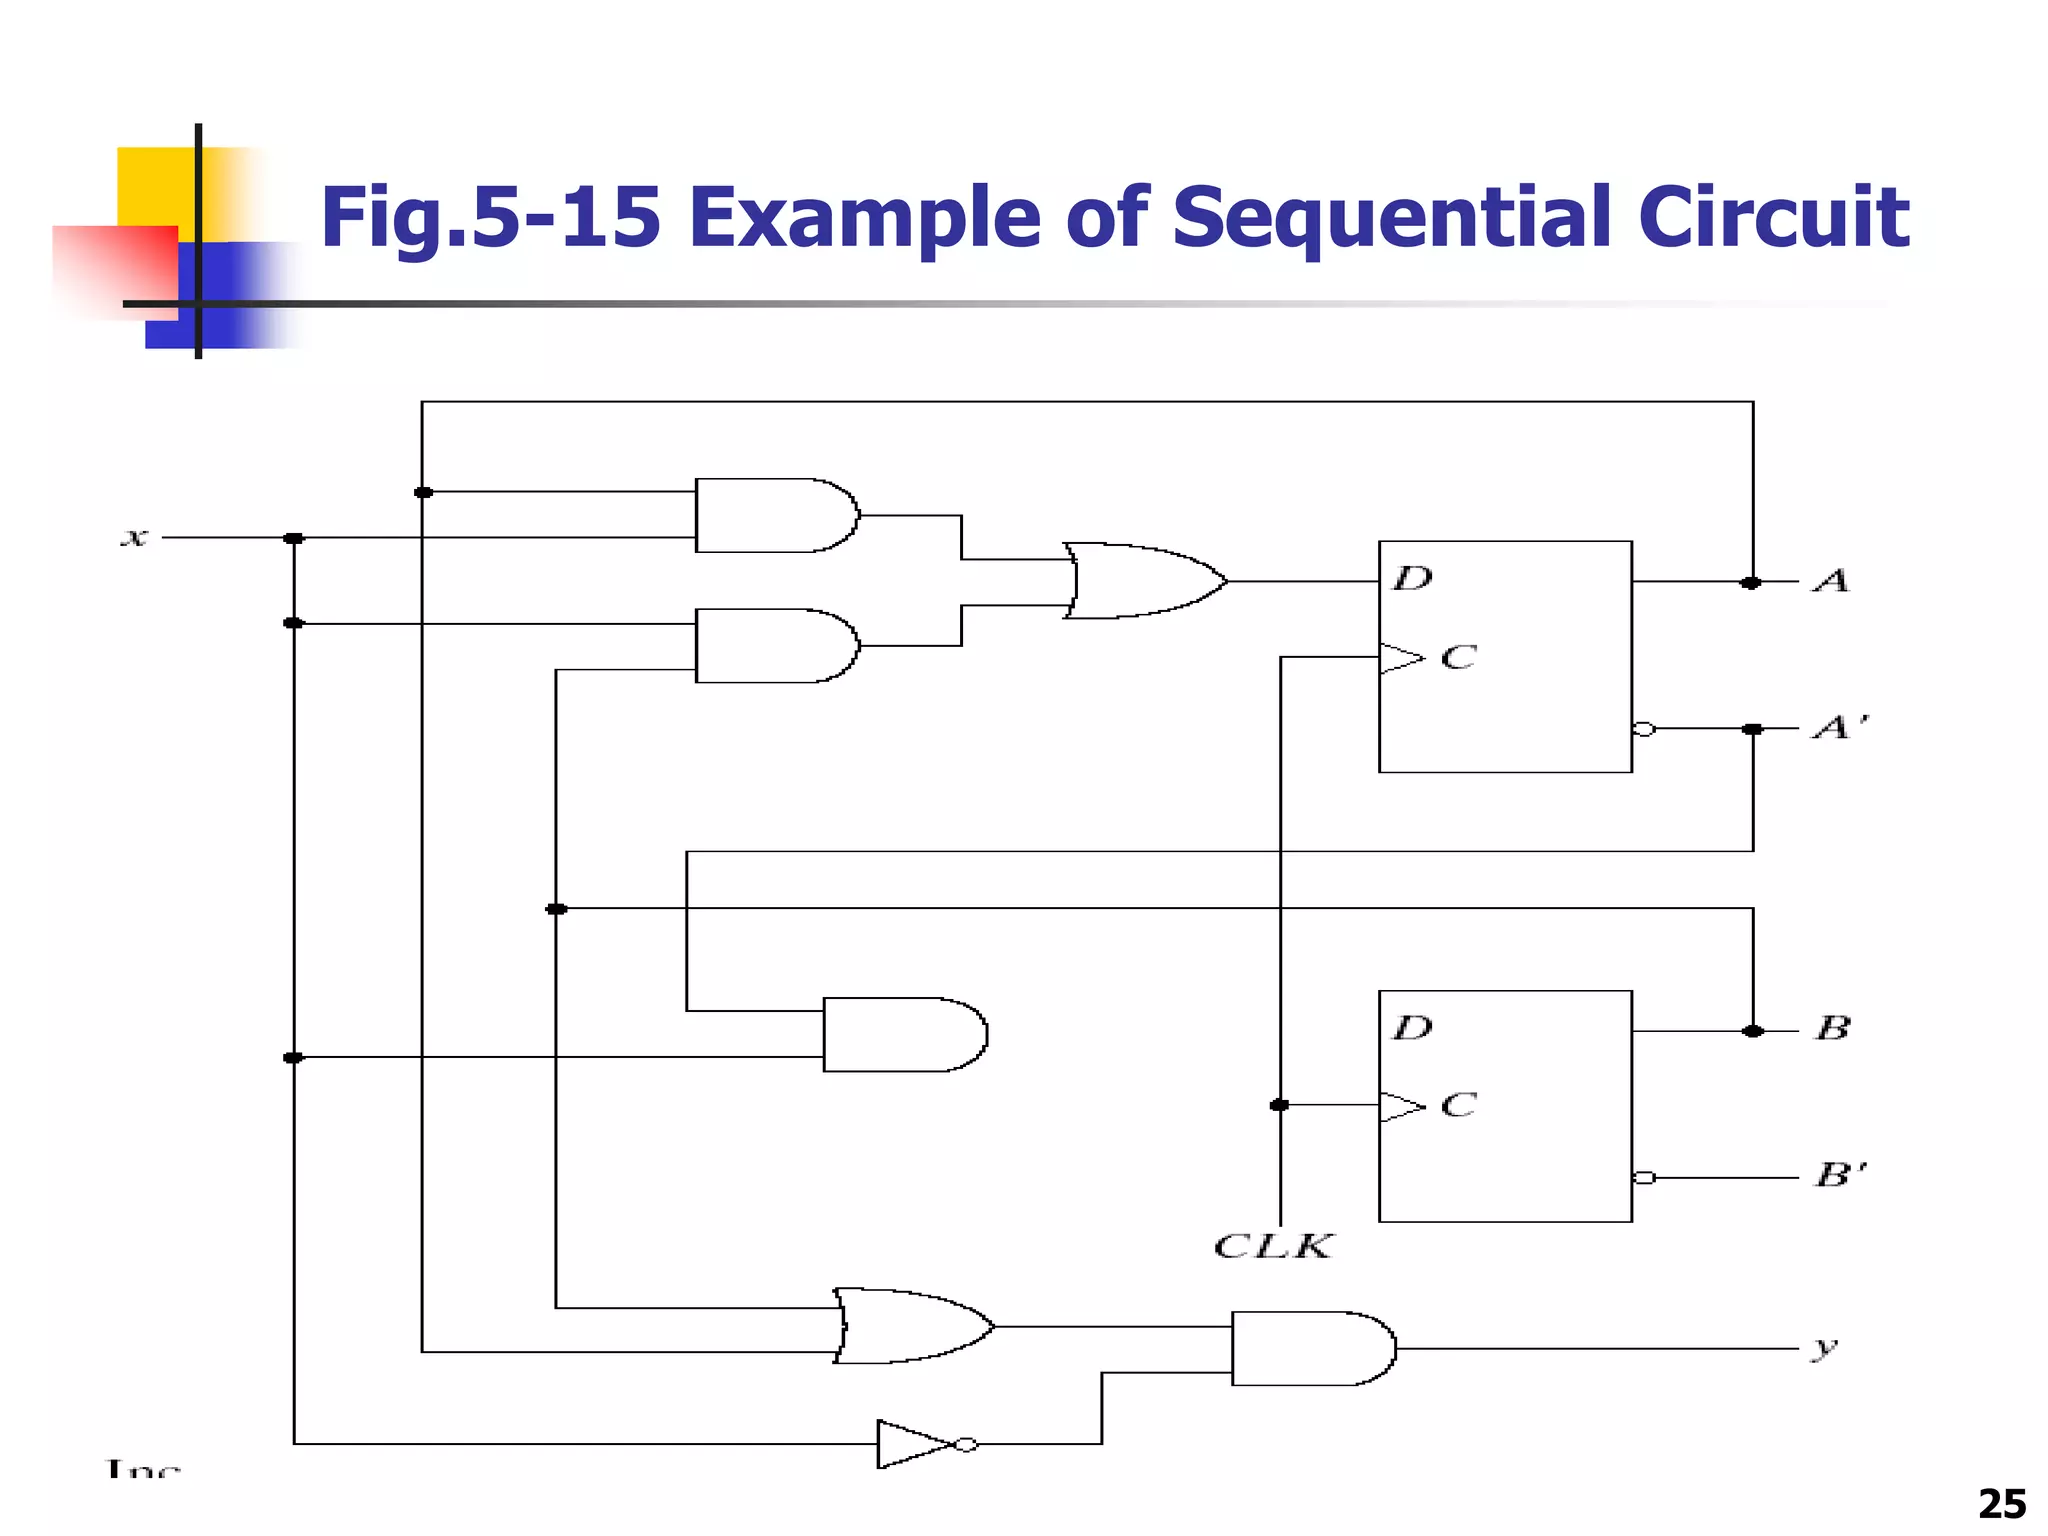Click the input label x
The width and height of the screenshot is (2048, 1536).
[x=134, y=538]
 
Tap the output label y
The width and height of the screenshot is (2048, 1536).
[x=1825, y=1348]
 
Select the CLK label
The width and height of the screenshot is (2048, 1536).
[x=1273, y=1246]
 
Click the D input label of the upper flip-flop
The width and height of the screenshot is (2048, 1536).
[x=1413, y=578]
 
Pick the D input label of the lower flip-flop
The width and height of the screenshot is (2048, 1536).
[x=1413, y=1027]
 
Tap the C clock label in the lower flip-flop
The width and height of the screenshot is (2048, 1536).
[x=1459, y=1105]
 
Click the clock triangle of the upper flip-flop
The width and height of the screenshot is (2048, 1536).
[x=1401, y=658]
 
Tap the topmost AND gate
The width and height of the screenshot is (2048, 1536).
[x=776, y=516]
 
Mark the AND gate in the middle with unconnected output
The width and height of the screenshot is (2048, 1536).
[x=904, y=1034]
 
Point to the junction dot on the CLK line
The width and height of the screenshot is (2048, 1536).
[x=1280, y=1105]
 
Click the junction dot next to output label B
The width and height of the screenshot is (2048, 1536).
[x=1752, y=1031]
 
